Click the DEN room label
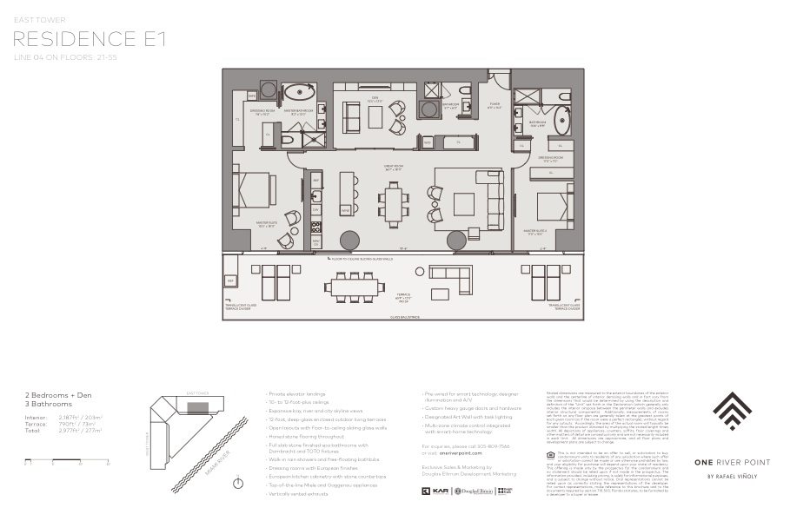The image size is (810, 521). pos(375,98)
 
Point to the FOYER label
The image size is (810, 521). pos(495,106)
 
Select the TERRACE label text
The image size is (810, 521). pos(401,294)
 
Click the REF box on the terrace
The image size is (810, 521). pos(230,282)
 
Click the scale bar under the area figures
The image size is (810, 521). pos(66,459)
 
